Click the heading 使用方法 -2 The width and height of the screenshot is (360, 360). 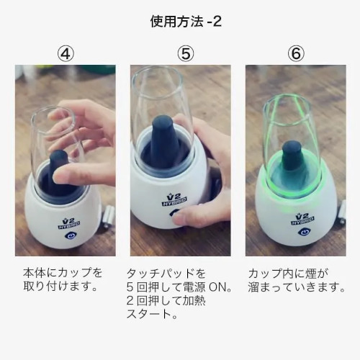pos(186,22)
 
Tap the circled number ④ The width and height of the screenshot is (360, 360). pos(66,54)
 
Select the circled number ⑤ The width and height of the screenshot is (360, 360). pos(186,54)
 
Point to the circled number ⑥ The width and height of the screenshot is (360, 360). pos(296,54)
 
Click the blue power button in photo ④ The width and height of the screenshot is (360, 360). pos(70,235)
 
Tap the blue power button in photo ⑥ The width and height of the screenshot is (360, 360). pos(304,232)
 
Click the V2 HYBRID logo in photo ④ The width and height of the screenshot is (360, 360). pos(69,224)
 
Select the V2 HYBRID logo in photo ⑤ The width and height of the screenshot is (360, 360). pos(174,199)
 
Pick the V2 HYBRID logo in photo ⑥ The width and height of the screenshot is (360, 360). pos(302,220)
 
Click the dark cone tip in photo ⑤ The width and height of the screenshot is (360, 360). pos(163,121)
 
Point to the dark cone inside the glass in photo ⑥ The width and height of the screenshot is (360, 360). pos(291,156)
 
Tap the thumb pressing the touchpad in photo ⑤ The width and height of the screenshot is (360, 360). pos(187,217)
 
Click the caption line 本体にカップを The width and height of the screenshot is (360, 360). pos(63,273)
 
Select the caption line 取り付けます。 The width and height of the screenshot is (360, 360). pos(60,287)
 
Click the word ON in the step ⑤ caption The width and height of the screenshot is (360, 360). pos(218,287)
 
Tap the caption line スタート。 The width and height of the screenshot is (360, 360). pos(152,314)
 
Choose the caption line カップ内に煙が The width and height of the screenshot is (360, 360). pos(288,274)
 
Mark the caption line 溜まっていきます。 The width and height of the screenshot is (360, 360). pos(297,287)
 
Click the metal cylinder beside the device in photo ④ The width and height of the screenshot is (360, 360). pos(109,216)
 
